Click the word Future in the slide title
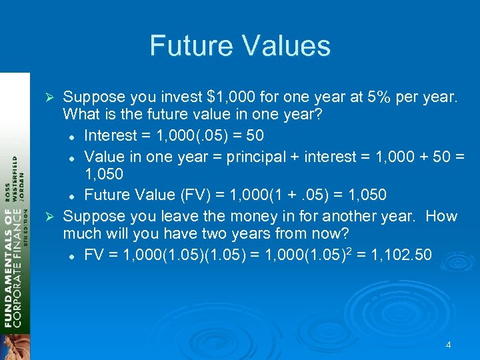coord(187,46)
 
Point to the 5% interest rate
coord(381,97)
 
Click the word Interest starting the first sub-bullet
coord(111,136)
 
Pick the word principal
coord(257,157)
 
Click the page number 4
coord(448,345)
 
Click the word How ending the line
coord(441,216)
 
